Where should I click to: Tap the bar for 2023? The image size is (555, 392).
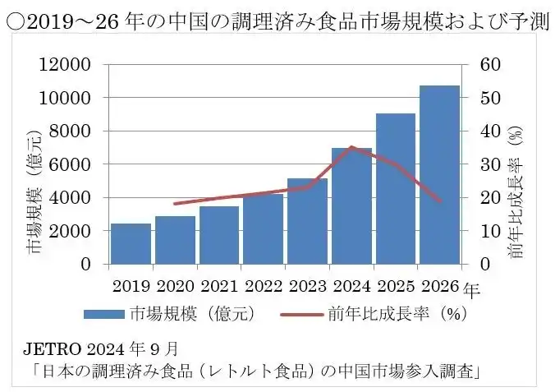pos(307,221)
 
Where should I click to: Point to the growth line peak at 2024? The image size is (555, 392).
pos(351,147)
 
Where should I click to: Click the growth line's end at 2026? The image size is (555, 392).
pos(440,201)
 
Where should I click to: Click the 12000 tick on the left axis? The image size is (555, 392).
pos(70,65)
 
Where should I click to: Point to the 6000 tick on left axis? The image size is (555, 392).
pos(73,164)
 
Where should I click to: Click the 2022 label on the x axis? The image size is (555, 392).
pos(263,287)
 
